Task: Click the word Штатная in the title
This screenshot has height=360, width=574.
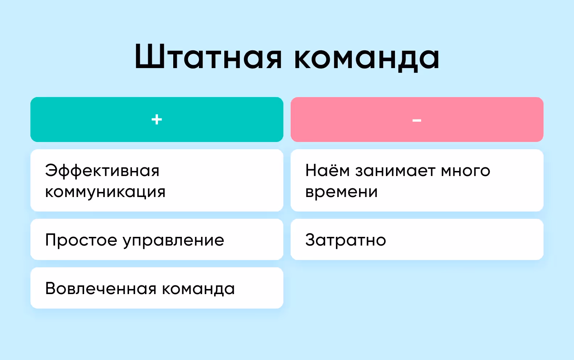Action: (x=208, y=57)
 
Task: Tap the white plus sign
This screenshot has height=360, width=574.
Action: (x=157, y=119)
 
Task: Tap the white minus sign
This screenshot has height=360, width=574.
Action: (x=417, y=120)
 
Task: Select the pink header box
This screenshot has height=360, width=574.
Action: (x=478, y=119)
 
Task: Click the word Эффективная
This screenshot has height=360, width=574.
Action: (x=102, y=171)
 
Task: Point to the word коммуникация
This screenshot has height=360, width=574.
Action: (x=105, y=192)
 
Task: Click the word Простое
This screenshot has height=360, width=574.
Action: (x=81, y=240)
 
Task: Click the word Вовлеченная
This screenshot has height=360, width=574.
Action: (x=101, y=289)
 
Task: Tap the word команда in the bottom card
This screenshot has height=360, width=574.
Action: (x=198, y=289)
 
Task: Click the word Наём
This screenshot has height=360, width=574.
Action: (x=327, y=170)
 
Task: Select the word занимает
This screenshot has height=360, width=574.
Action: (x=395, y=171)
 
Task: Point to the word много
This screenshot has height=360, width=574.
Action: (x=465, y=171)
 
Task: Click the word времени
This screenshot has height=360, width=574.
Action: (x=341, y=192)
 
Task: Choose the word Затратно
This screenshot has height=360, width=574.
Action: (x=346, y=240)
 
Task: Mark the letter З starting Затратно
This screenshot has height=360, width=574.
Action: (x=311, y=240)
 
